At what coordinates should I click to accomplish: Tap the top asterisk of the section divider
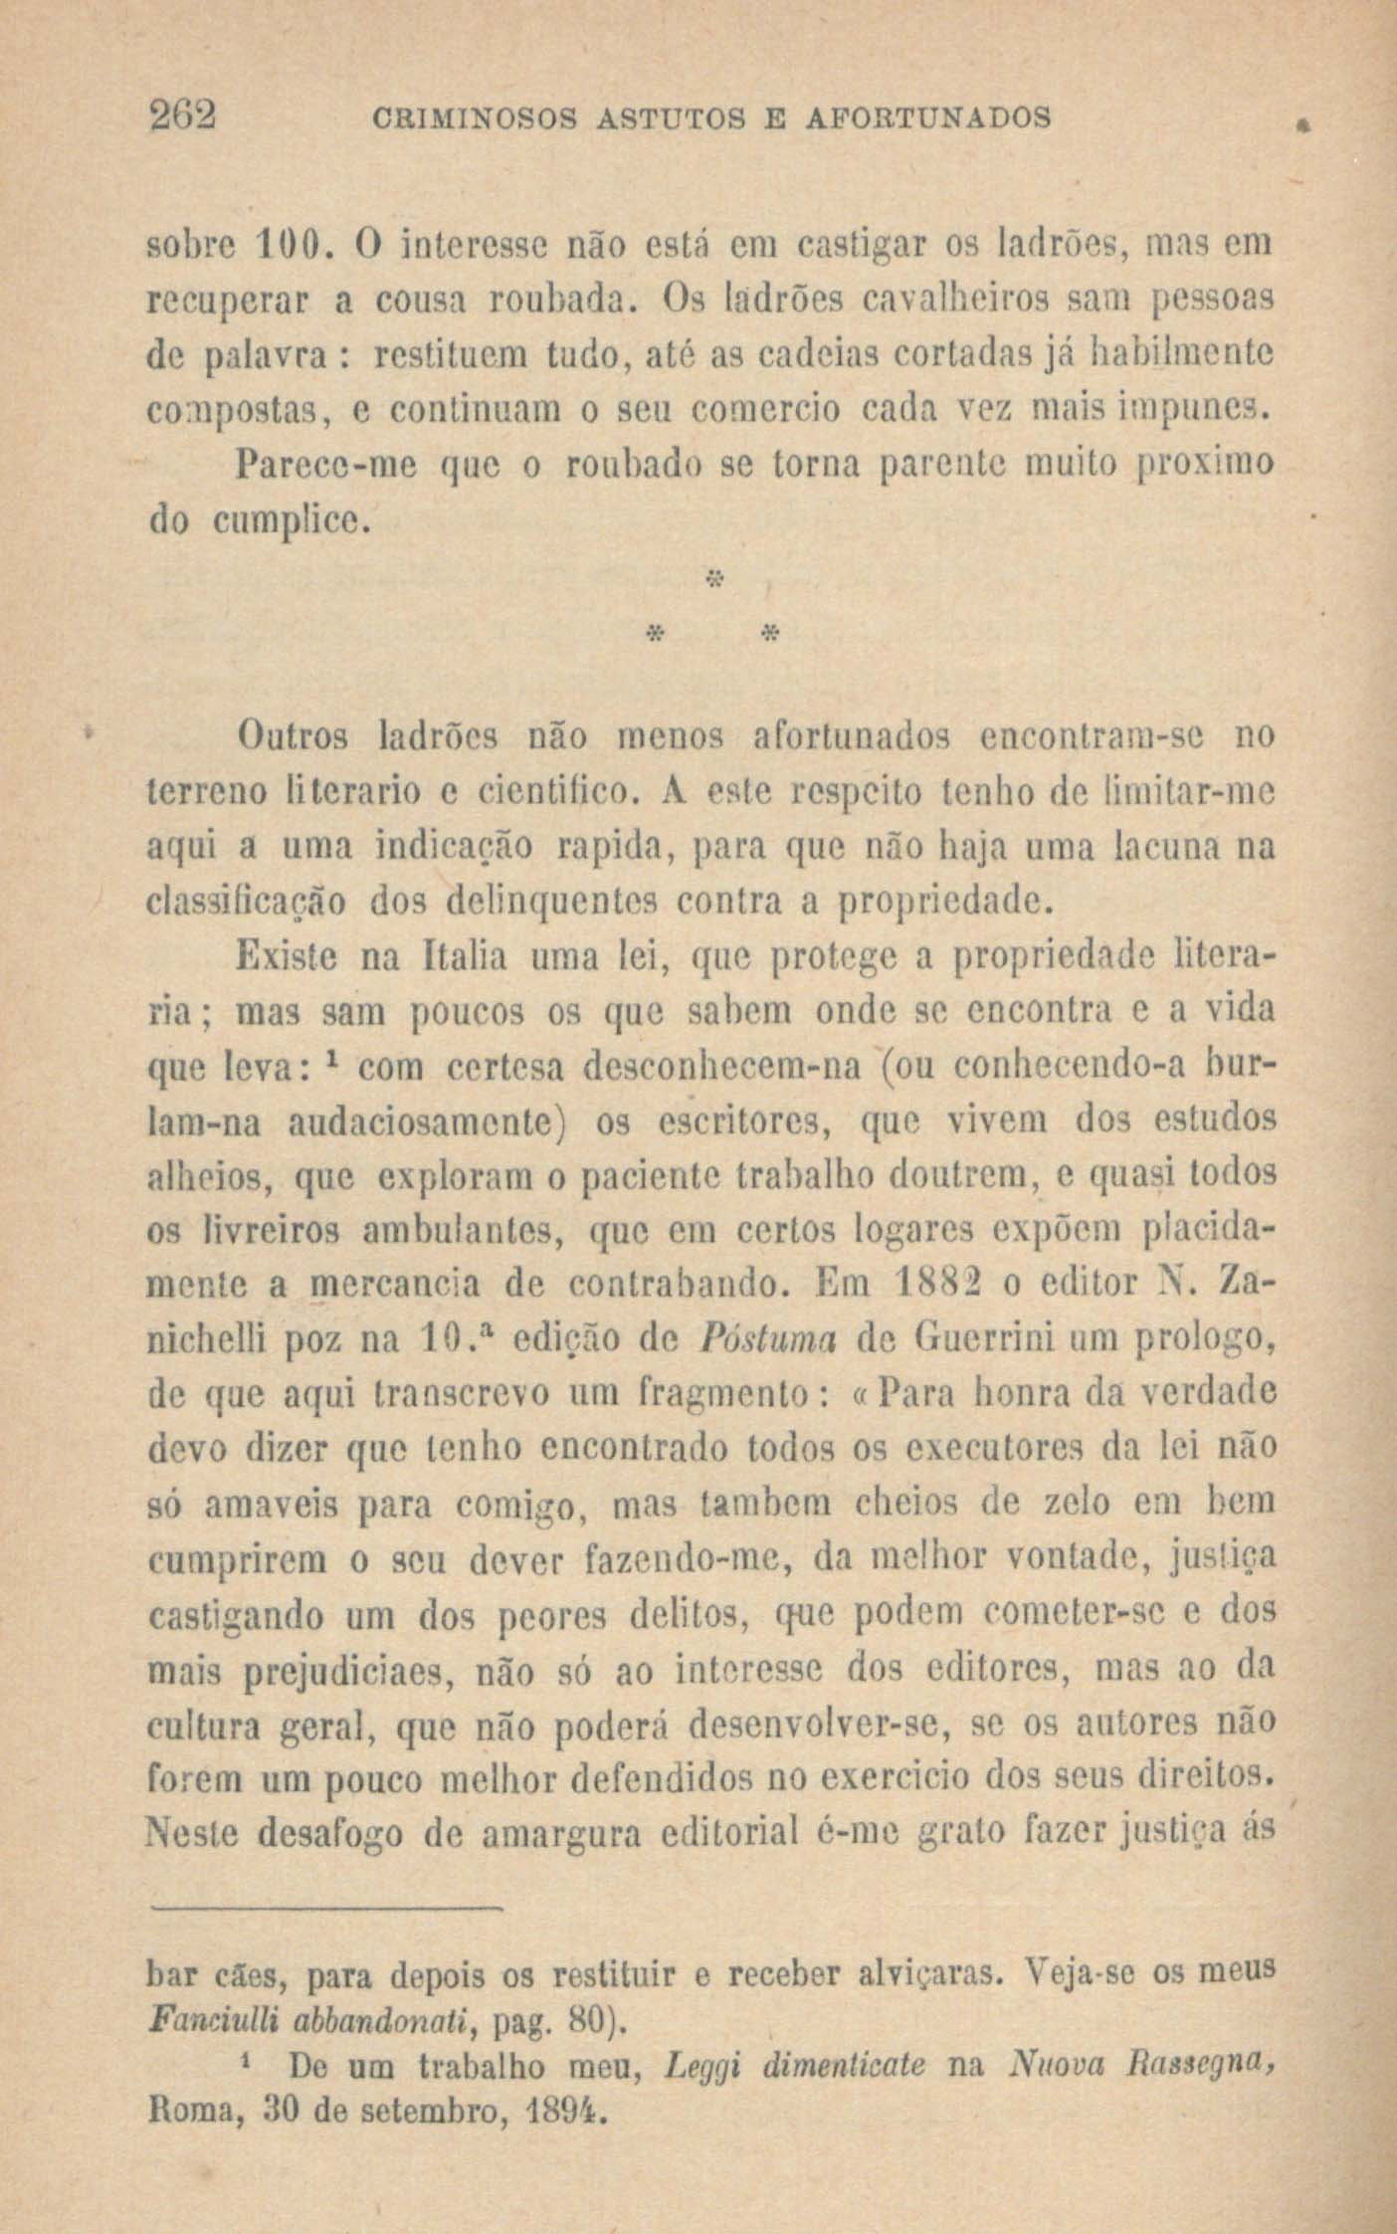pos(711,578)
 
